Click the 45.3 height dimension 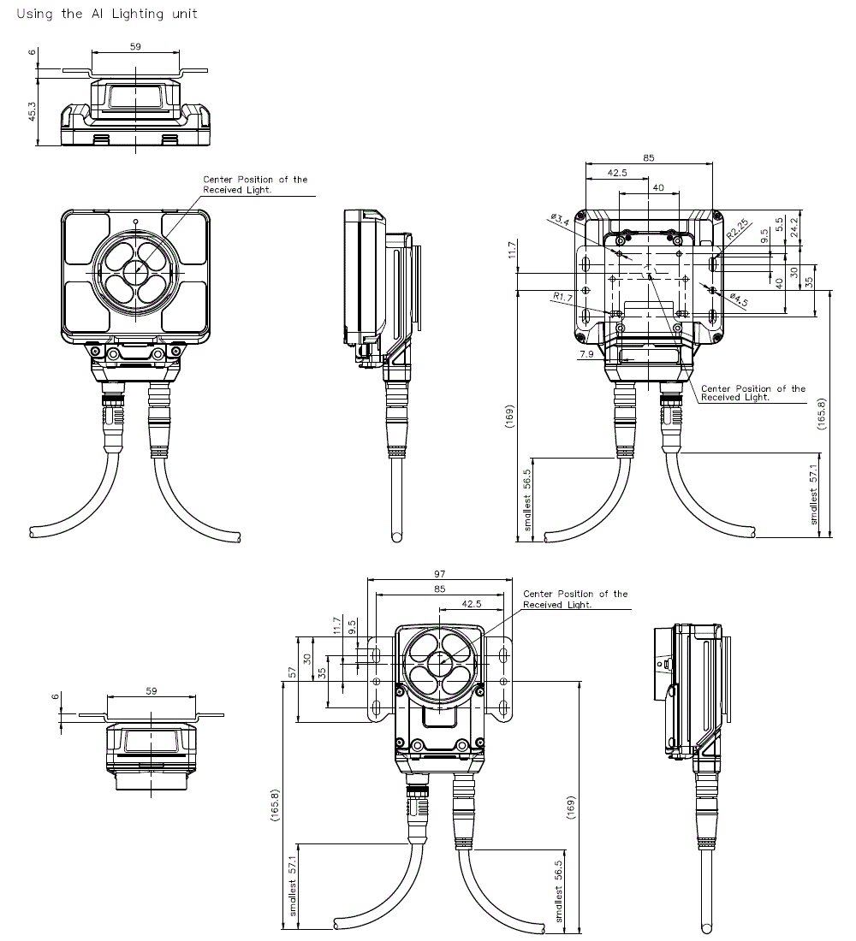(x=32, y=111)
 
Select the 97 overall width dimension (x=439, y=573)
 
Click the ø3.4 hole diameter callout (x=561, y=222)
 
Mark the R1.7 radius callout (x=562, y=298)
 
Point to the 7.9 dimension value (x=586, y=353)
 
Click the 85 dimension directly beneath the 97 (x=439, y=589)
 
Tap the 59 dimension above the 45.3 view (x=135, y=47)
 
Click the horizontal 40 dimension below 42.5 (x=657, y=187)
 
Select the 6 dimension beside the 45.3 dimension (x=32, y=52)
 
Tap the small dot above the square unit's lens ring (x=136, y=221)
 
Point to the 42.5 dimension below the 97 (x=471, y=603)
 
